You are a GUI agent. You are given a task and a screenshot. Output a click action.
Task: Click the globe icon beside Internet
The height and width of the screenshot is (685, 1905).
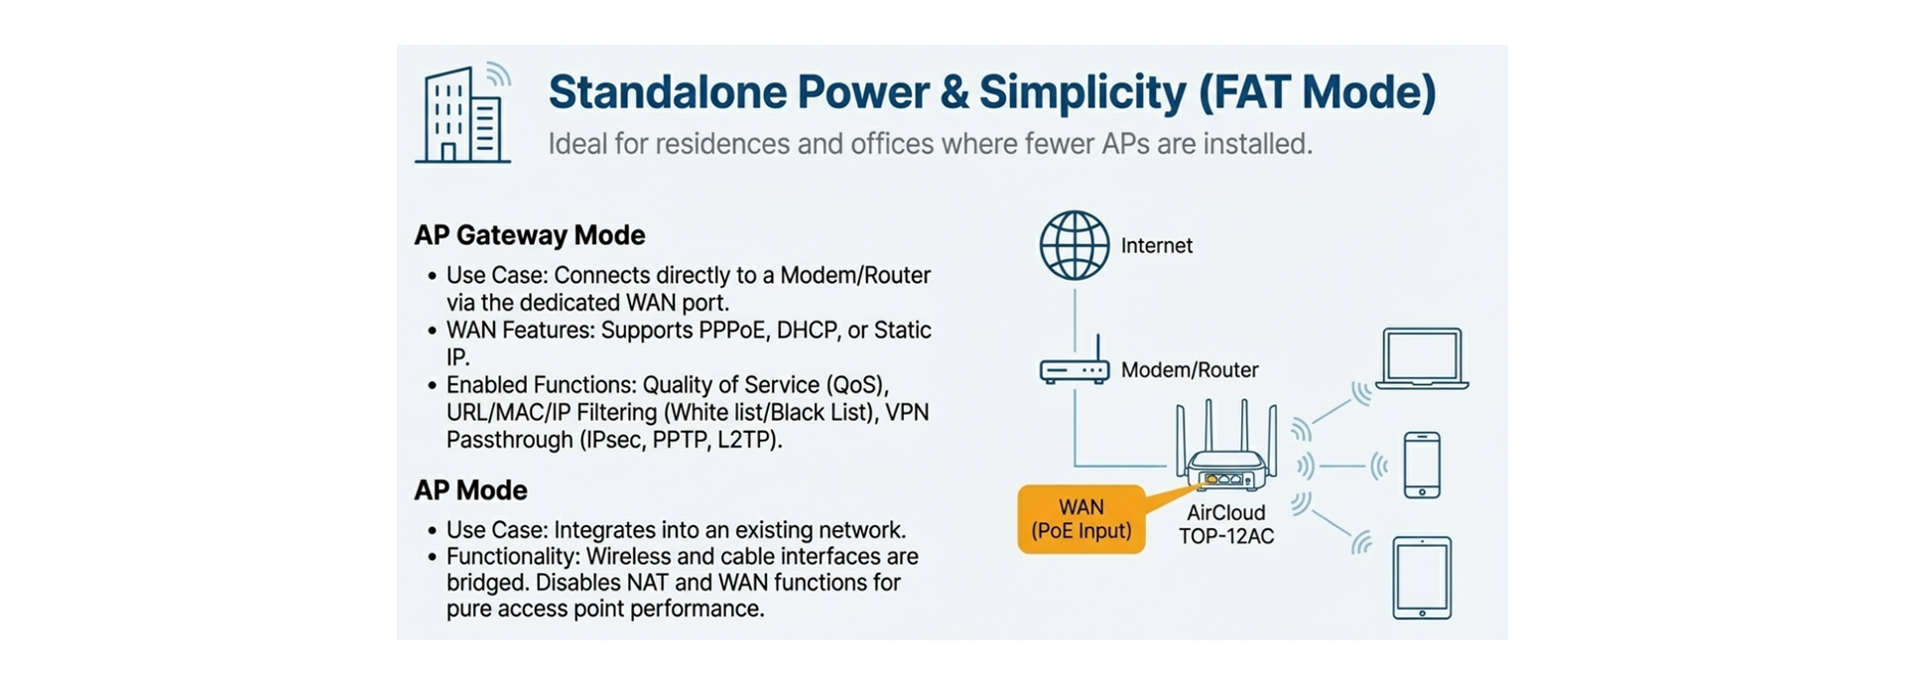tap(1074, 245)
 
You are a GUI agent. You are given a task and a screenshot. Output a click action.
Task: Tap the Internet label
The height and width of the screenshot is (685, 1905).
tap(1156, 246)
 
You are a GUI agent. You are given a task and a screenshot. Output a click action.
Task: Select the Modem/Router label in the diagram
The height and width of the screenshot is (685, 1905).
tap(1189, 370)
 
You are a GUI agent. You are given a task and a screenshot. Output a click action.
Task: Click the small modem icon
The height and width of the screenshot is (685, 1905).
tap(1074, 367)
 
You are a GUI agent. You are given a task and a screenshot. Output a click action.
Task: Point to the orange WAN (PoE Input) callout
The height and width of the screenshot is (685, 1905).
tap(1081, 519)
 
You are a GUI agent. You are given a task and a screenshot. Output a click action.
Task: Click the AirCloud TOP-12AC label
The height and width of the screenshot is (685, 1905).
tap(1226, 525)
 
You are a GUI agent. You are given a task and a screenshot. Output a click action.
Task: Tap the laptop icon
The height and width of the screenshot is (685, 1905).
tap(1422, 358)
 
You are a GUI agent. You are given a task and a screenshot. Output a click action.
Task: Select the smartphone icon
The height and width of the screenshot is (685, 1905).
tap(1422, 465)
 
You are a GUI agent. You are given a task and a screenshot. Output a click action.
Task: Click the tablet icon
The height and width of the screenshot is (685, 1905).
tap(1422, 578)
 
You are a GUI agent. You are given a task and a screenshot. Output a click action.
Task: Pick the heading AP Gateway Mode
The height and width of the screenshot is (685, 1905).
tap(529, 235)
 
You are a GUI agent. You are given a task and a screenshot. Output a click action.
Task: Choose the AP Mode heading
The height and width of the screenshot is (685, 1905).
tap(470, 490)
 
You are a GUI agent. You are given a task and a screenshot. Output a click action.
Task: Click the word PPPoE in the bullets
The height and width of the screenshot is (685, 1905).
tap(734, 331)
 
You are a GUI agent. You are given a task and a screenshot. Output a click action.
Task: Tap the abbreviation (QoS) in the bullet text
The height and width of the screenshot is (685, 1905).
tap(854, 385)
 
